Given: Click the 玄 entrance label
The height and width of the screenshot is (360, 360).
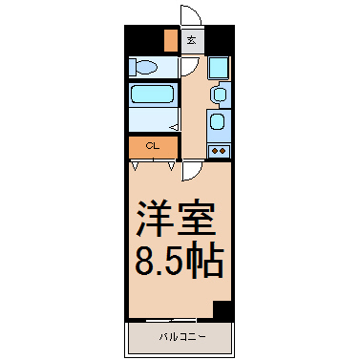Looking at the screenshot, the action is pos(191,40).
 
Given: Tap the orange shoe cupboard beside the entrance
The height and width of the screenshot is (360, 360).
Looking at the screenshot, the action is pos(171,40).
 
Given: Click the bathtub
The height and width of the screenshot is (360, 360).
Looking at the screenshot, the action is pos(153,94).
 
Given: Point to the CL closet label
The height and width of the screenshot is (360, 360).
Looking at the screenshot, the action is pos(153,146).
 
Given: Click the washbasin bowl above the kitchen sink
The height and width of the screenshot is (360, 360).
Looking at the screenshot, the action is pos(220,95).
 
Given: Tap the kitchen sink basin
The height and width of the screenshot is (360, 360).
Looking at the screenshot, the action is pos(218,121).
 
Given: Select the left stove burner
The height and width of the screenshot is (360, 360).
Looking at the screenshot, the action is pos(215,151).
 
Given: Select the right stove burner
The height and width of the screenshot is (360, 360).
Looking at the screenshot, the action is pos(222,151).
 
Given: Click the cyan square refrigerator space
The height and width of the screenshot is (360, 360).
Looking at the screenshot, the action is pos(219,68).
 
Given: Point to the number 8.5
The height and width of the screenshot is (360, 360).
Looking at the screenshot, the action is pos(159,262).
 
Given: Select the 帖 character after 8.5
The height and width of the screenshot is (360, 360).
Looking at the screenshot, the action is pos(204,261).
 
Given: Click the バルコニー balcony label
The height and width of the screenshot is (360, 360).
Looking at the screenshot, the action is pos(182,336).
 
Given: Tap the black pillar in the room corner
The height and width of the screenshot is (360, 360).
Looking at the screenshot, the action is pos(222,308).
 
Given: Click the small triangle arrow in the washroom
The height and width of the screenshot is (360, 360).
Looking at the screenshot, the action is pos(175,127).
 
